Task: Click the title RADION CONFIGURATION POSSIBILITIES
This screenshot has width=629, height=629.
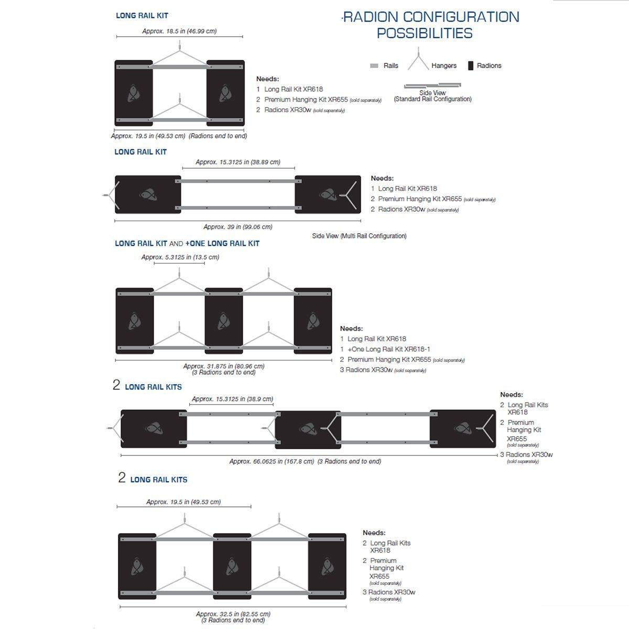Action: tap(430, 25)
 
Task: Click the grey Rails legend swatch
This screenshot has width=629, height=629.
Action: tap(374, 66)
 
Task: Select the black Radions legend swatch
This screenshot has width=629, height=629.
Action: tap(470, 66)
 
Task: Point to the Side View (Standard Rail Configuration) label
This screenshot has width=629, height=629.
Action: tap(432, 96)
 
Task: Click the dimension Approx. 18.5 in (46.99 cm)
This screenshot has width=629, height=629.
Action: tap(179, 31)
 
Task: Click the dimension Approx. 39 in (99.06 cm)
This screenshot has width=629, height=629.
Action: tap(237, 227)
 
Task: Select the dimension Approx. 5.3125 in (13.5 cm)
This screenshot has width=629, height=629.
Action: tap(180, 257)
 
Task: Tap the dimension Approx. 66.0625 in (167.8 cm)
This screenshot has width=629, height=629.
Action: tap(272, 461)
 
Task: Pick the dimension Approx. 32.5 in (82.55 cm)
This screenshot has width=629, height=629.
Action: tap(233, 614)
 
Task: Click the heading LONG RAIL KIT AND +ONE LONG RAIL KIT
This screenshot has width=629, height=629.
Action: tap(187, 243)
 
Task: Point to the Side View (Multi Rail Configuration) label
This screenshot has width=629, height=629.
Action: tap(359, 236)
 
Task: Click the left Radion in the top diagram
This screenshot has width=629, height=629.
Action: tap(134, 93)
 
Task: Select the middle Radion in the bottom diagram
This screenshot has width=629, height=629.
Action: tap(232, 566)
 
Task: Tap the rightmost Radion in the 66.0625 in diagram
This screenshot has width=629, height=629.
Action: tap(462, 429)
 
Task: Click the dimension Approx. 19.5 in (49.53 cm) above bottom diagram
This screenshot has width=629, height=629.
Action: tap(183, 502)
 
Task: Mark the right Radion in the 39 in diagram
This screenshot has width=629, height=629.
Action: tap(328, 194)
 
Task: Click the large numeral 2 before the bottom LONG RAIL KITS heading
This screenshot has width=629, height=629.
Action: tap(122, 478)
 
